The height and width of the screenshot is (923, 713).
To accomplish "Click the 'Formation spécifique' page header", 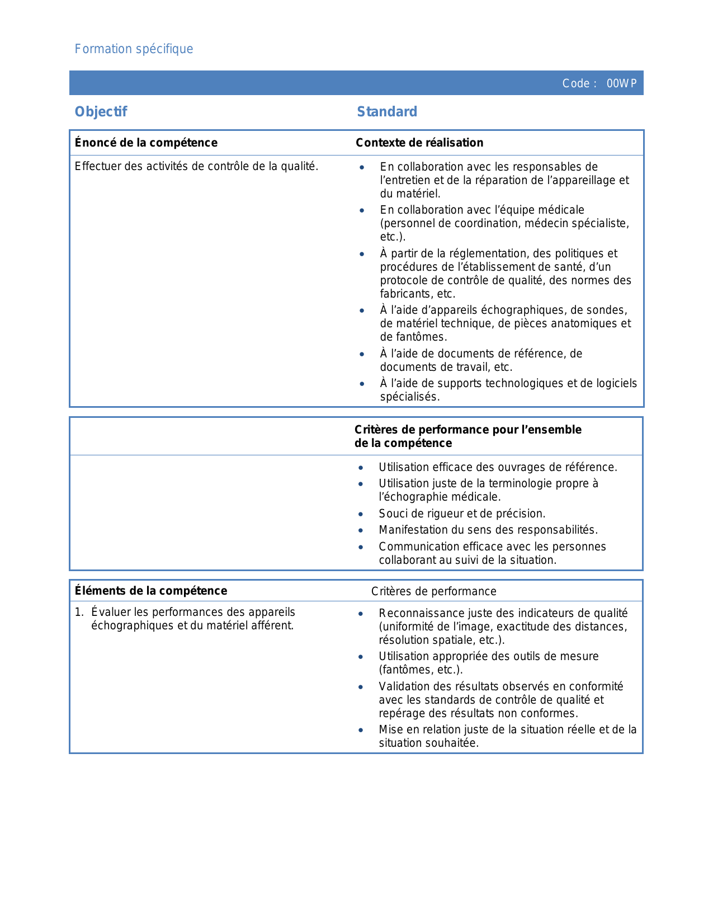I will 134,49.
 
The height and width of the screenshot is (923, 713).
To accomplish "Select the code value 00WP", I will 621,84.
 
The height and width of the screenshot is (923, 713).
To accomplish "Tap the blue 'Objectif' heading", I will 101,112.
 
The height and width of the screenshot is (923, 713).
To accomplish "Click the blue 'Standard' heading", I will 387,112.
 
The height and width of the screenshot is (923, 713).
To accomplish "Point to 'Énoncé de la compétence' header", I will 146,143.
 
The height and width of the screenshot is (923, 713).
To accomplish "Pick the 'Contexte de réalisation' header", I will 419,143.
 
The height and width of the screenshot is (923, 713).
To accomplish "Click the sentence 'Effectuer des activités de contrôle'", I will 196,166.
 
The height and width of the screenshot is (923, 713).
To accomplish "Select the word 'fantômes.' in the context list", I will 413,337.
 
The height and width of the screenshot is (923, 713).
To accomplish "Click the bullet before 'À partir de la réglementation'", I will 362,254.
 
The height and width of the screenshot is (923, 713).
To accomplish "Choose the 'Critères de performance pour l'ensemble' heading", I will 468,430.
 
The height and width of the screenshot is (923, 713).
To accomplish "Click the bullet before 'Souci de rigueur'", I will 361,514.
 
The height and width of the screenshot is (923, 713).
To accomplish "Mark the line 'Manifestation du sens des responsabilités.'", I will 488,530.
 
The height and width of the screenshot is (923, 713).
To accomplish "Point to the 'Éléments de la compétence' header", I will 151,591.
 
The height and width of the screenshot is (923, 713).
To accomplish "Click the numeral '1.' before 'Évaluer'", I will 79,612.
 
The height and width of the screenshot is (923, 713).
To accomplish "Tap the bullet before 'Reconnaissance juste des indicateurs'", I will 361,614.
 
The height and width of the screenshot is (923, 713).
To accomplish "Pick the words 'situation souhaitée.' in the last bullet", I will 428,743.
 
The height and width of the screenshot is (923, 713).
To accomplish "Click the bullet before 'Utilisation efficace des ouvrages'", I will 361,468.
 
